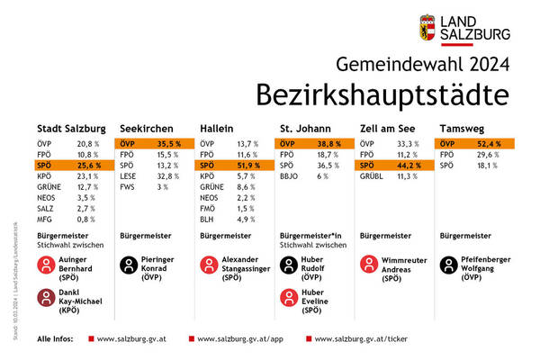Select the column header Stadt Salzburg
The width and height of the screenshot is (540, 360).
pos(71,128)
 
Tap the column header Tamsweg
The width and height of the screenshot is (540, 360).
pos(459,128)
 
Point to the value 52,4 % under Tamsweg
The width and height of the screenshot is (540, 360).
pos(489,144)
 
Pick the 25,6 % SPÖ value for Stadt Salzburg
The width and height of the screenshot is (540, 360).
pos(87,166)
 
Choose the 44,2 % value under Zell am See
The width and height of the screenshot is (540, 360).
pos(409,166)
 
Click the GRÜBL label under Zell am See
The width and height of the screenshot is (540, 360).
pos(372,177)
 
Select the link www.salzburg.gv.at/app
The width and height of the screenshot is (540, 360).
pos(239,340)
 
